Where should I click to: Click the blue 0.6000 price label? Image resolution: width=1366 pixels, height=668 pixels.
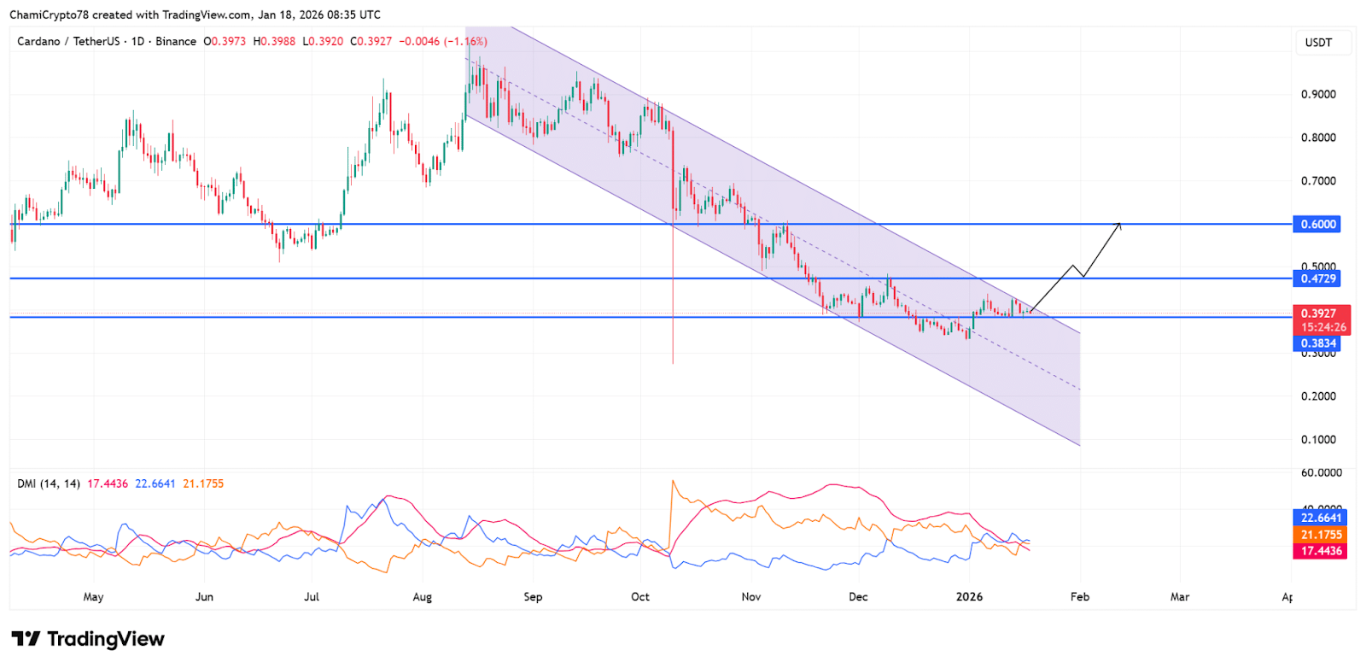[1318, 225]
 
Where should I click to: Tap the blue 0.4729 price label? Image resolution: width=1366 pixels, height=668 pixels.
[1318, 278]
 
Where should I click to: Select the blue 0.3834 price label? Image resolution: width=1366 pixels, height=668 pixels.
[1318, 343]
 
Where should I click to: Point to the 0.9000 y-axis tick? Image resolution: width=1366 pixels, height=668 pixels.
[1318, 95]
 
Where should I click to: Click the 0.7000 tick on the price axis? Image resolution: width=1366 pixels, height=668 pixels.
[1318, 181]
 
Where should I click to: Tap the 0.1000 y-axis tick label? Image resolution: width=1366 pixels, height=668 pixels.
[1318, 440]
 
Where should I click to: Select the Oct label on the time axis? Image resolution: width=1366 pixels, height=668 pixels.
[640, 597]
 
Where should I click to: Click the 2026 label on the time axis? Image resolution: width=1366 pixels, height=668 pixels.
[969, 597]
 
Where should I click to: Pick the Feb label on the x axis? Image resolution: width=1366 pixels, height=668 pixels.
[1080, 597]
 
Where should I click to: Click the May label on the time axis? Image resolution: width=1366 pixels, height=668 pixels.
[93, 597]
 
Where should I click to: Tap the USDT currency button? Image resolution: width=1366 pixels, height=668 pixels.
[1318, 43]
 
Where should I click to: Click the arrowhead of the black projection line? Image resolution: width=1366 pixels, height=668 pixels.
[1119, 225]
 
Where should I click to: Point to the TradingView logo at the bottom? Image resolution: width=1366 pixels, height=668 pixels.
[88, 639]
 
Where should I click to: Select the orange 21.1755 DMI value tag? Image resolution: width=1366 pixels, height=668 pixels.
[1321, 535]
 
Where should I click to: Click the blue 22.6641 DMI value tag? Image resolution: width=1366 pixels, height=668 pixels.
[1321, 518]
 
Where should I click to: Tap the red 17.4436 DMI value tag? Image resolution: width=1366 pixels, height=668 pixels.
[1321, 551]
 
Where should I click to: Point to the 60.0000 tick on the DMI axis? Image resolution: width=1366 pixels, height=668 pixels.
[1321, 472]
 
